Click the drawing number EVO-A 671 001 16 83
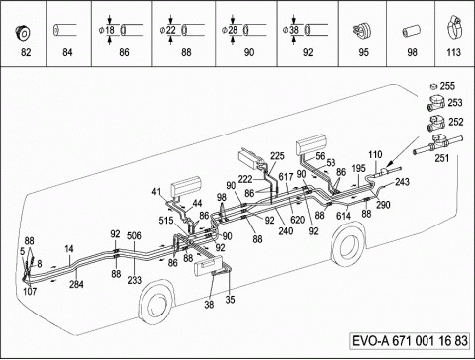click(x=410, y=340)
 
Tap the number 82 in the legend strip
click(x=26, y=52)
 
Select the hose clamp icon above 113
click(x=454, y=28)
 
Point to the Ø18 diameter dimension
click(x=107, y=30)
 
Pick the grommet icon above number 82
click(x=23, y=32)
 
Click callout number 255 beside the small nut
click(x=447, y=86)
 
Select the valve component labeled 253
click(x=436, y=103)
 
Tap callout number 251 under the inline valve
click(x=442, y=158)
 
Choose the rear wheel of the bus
click(x=347, y=244)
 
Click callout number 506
click(x=134, y=236)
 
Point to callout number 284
click(x=76, y=284)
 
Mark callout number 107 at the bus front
click(x=30, y=291)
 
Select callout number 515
click(x=166, y=221)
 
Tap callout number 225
click(x=277, y=156)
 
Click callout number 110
click(x=375, y=154)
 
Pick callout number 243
click(x=402, y=182)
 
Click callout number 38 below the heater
click(x=209, y=304)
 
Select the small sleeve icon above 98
click(x=410, y=32)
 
